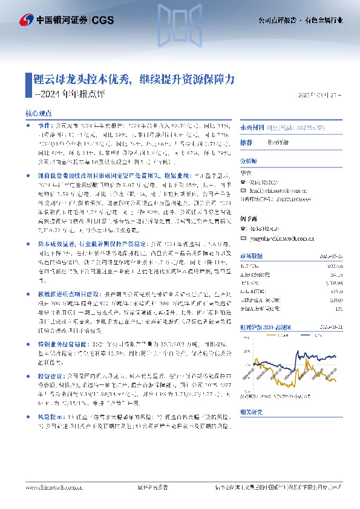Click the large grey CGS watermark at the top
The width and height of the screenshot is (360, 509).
tap(180, 18)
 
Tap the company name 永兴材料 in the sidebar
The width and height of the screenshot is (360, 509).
tap(249, 128)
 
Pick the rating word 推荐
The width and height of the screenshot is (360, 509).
tap(246, 143)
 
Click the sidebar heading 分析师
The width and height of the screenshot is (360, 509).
tap(249, 161)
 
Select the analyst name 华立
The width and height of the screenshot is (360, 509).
tap(245, 172)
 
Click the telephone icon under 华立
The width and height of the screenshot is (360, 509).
tap(242, 180)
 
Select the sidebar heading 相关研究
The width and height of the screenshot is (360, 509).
tap(250, 410)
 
